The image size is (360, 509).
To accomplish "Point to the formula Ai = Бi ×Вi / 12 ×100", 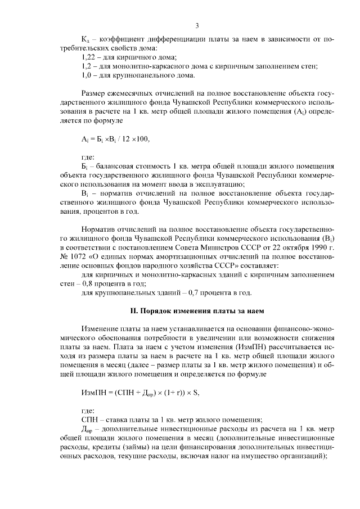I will tap(116, 139).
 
